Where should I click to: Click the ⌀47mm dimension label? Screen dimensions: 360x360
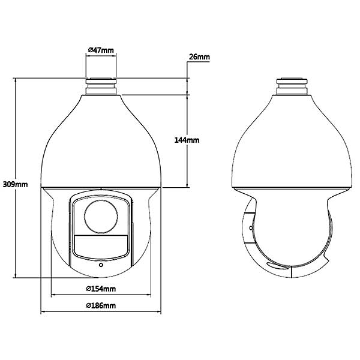(x=101, y=50)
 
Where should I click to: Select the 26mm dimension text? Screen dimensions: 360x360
(x=199, y=57)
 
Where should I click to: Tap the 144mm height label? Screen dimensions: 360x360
(x=187, y=140)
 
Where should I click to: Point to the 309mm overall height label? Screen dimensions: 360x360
(x=15, y=184)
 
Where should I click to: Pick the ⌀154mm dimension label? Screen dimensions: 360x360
(x=101, y=289)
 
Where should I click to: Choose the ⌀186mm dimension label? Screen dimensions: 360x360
(x=101, y=305)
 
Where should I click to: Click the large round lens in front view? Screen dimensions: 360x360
(x=101, y=217)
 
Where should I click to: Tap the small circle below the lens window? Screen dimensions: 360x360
(x=101, y=265)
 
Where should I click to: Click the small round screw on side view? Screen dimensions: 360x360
(x=251, y=228)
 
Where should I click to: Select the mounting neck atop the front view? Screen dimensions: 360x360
(x=101, y=86)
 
